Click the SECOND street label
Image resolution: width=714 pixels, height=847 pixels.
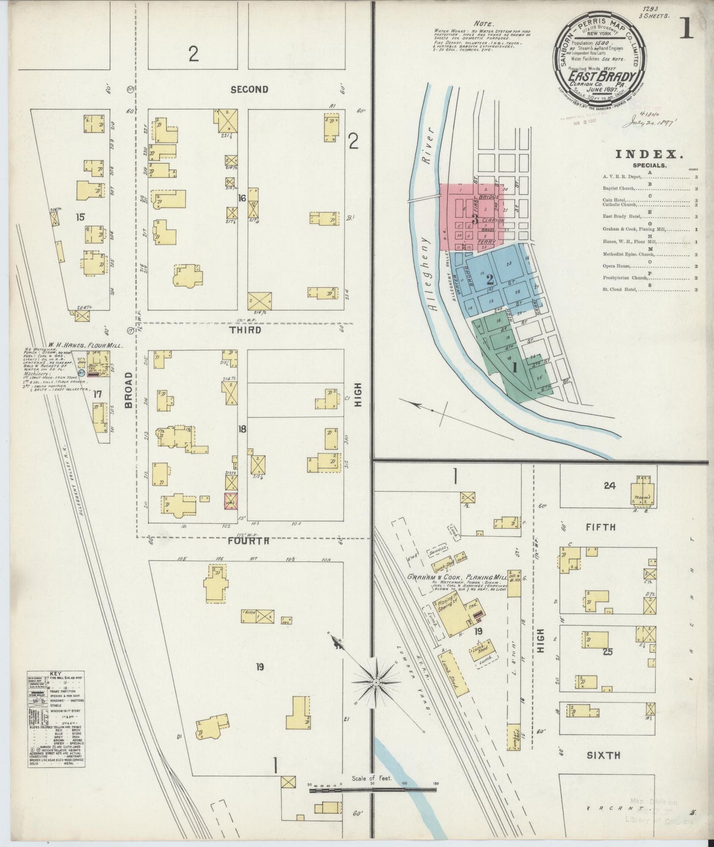pos(250,89)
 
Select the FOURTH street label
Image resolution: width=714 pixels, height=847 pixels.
pos(249,541)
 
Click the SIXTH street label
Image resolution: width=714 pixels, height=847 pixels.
pos(604,755)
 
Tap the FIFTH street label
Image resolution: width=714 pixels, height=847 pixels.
pos(601,527)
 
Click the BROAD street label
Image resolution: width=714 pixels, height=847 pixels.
pos(129,390)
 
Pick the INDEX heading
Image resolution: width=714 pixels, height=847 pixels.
pos(649,154)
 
